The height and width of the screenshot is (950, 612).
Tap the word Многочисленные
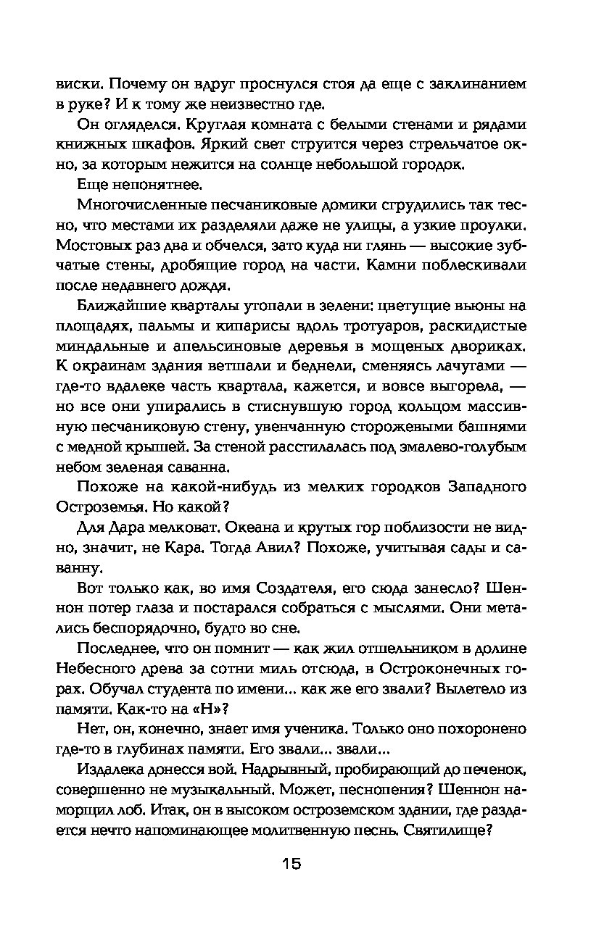(143, 204)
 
